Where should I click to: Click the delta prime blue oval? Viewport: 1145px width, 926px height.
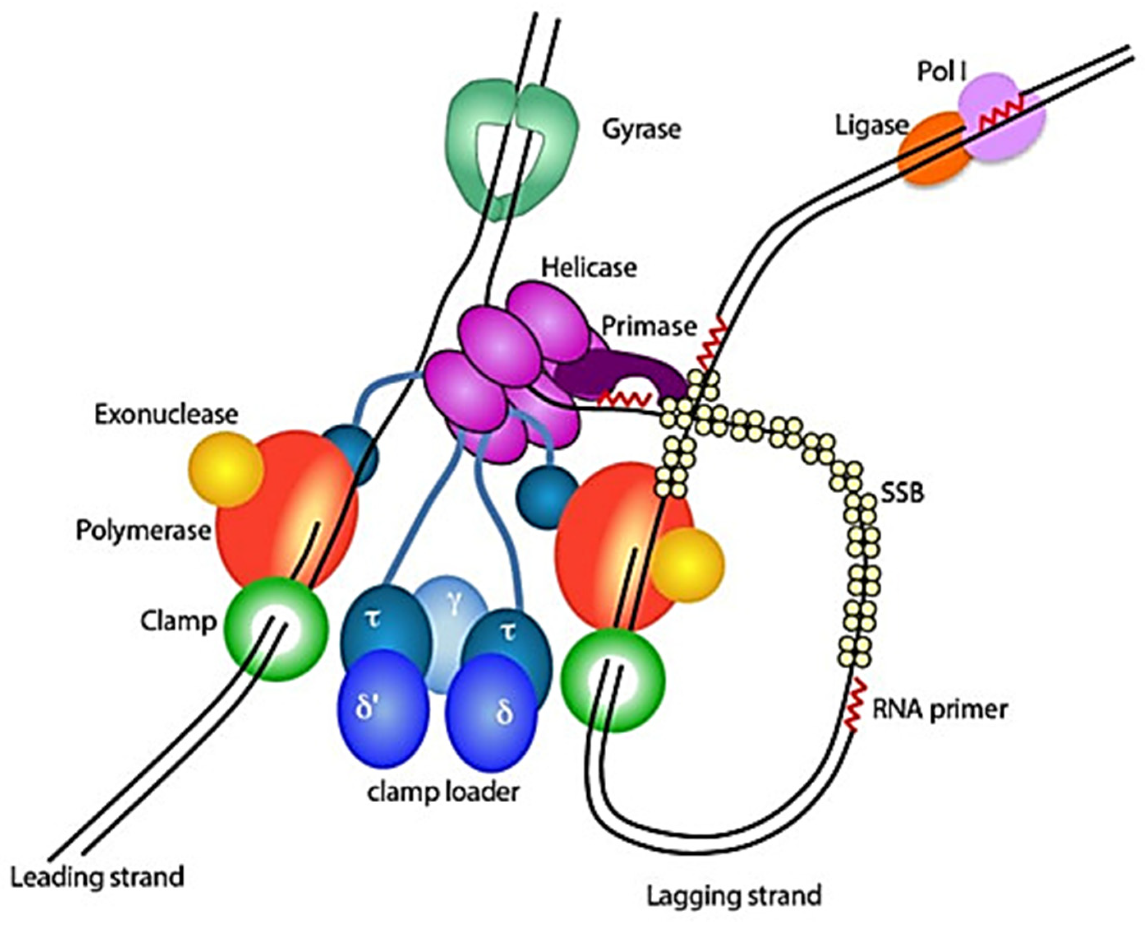(383, 709)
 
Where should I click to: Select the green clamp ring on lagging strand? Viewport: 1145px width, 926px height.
(613, 680)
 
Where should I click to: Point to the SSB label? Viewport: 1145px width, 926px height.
(902, 493)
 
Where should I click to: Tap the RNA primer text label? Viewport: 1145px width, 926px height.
(939, 709)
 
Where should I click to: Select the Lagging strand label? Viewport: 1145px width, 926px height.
(733, 896)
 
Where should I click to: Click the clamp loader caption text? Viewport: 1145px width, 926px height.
(442, 792)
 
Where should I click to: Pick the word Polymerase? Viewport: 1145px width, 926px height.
(143, 531)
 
